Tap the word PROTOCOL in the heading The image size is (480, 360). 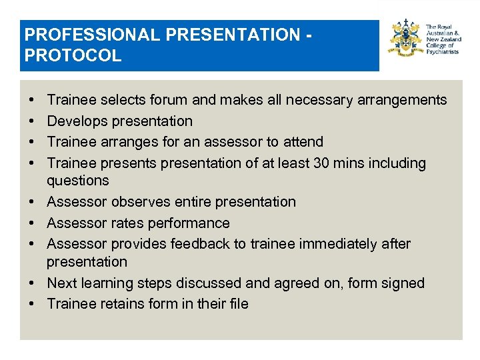[72, 55]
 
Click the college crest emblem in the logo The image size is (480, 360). [405, 39]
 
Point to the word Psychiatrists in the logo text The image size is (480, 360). [442, 51]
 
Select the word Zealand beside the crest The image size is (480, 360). [449, 39]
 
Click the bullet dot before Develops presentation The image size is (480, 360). [33, 121]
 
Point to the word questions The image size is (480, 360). [78, 181]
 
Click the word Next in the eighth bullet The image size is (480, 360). [62, 283]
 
